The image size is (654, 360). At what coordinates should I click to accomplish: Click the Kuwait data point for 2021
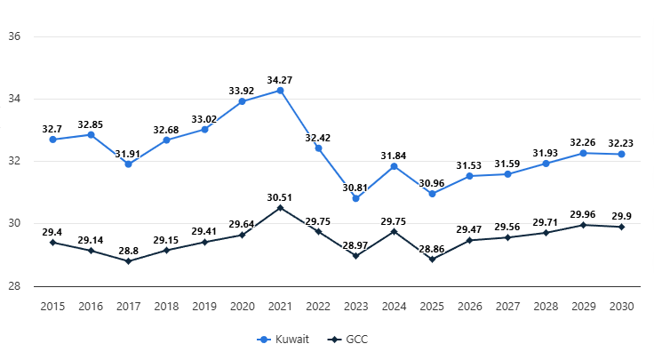pyautogui.click(x=280, y=91)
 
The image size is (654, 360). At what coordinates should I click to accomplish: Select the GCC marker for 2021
pyautogui.click(x=280, y=208)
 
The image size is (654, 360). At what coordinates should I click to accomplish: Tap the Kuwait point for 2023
pyautogui.click(x=355, y=198)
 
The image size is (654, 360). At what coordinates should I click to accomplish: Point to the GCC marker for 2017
pyautogui.click(x=128, y=261)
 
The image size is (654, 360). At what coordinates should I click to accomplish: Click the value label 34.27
pyautogui.click(x=280, y=80)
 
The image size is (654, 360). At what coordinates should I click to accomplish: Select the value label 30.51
pyautogui.click(x=280, y=197)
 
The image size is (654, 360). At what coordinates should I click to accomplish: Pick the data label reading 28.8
pyautogui.click(x=128, y=251)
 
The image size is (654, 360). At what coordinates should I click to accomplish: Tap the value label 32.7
pyautogui.click(x=52, y=129)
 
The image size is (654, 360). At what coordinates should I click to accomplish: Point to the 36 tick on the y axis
pyautogui.click(x=14, y=37)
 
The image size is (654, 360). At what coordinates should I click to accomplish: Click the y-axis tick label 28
pyautogui.click(x=14, y=286)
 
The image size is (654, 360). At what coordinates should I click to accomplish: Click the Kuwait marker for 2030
pyautogui.click(x=621, y=155)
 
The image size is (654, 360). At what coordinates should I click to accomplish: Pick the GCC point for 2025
pyautogui.click(x=432, y=260)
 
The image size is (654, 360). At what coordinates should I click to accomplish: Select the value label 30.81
pyautogui.click(x=355, y=188)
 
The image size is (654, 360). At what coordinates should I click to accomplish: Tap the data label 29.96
pyautogui.click(x=583, y=214)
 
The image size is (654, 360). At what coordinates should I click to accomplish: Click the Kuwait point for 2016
pyautogui.click(x=91, y=135)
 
